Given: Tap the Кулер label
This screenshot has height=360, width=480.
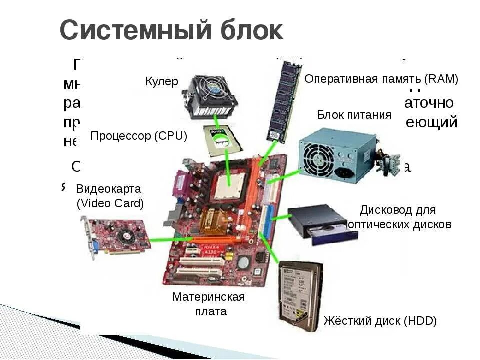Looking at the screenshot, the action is click(x=161, y=82).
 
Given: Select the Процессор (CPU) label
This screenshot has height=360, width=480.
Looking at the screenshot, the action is click(x=138, y=136).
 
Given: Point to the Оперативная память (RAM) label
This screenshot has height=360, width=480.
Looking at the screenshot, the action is click(x=381, y=79).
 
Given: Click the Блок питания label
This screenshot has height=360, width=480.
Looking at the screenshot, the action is click(x=354, y=115).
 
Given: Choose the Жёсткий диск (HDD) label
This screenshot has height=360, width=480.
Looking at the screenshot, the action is click(x=380, y=321).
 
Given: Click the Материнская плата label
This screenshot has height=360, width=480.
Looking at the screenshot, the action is click(x=209, y=304).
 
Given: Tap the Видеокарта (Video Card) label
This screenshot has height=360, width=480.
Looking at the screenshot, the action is click(x=109, y=196).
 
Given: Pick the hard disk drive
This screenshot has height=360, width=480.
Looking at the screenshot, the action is click(x=299, y=295).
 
